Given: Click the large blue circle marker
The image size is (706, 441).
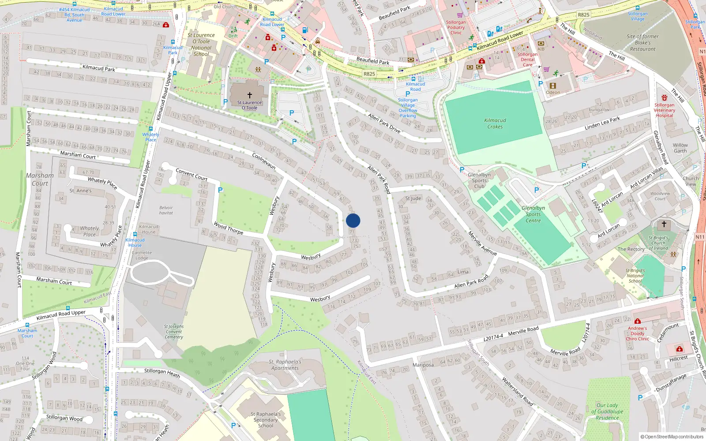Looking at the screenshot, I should pyautogui.click(x=353, y=220).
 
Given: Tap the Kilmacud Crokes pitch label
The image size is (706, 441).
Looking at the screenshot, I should pyautogui.click(x=495, y=123).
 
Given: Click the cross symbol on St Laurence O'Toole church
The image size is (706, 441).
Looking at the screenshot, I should pyautogui.click(x=249, y=95).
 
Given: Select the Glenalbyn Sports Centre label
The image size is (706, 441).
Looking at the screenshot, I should pyautogui.click(x=533, y=214).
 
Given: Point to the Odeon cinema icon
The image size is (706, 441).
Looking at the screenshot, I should pyautogui.click(x=552, y=86).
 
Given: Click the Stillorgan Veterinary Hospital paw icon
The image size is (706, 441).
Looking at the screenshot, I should pyautogui.click(x=665, y=97).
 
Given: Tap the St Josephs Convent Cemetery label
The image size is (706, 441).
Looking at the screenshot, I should pyautogui.click(x=174, y=332).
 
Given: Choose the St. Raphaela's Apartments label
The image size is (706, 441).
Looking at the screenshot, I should pyautogui.click(x=285, y=365).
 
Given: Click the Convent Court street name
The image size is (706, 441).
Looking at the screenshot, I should pyautogui.click(x=192, y=174).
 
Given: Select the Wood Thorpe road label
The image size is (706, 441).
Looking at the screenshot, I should pyautogui.click(x=228, y=228).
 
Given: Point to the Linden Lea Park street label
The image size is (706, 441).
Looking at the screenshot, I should pyautogui.click(x=602, y=123).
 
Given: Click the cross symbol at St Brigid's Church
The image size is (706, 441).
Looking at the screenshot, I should pyautogui.click(x=664, y=224).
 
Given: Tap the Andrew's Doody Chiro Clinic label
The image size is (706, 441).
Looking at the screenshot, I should pyautogui.click(x=637, y=333).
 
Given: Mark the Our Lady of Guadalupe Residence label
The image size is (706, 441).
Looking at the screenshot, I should pyautogui.click(x=607, y=411).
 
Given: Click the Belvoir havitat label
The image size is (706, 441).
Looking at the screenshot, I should pyautogui.click(x=166, y=210).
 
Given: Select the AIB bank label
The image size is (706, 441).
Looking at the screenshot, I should pyautogui.click(x=541, y=49).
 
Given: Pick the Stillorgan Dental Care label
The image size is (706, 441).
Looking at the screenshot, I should pyautogui.click(x=528, y=60).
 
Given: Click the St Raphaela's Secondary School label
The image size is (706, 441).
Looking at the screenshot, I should pyautogui.click(x=266, y=420).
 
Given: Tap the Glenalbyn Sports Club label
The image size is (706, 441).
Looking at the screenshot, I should pyautogui.click(x=479, y=180).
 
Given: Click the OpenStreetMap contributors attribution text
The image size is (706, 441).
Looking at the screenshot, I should pyautogui.click(x=672, y=437).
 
